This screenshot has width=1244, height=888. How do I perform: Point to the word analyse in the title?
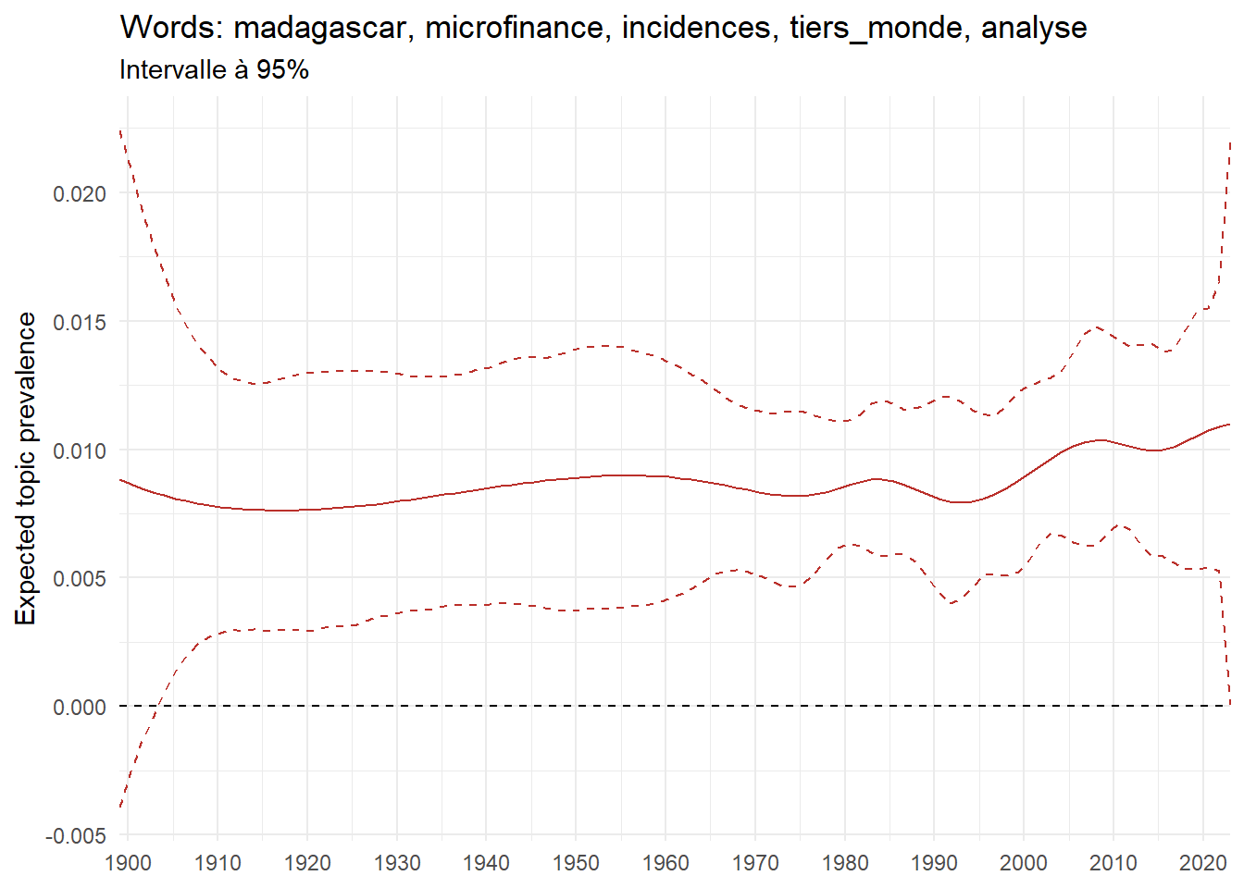coord(1034,29)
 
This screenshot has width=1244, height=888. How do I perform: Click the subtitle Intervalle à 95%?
coord(214,70)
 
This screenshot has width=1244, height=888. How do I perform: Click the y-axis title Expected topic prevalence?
coord(26,468)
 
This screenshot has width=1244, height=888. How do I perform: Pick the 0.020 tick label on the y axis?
coord(79,194)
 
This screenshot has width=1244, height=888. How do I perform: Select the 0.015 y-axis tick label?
coord(79,323)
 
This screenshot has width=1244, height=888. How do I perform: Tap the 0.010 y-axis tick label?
coord(79,450)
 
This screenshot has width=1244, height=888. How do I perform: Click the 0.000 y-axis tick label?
coord(79,708)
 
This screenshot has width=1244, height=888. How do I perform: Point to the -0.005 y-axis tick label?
coord(76,836)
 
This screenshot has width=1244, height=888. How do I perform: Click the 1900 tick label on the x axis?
coord(129,864)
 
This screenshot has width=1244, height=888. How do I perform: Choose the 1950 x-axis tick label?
coord(576,864)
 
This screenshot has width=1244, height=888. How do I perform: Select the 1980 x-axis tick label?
coord(844,864)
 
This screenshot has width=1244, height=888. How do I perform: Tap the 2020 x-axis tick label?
coord(1202,864)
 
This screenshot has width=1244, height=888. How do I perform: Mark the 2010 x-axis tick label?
coord(1113,864)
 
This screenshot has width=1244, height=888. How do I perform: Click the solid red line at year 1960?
coord(666,476)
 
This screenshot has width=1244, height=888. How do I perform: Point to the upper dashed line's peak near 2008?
coord(1096,327)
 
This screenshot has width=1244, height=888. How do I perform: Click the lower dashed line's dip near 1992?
coord(952,603)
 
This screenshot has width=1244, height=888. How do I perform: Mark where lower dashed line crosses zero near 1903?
coord(159,706)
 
